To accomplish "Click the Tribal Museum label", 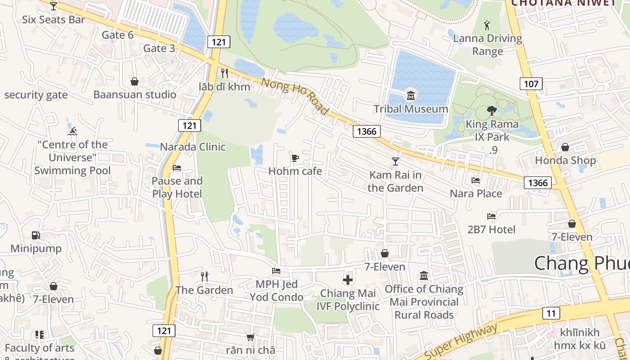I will pyautogui.click(x=410, y=109).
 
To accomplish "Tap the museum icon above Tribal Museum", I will pyautogui.click(x=410, y=95).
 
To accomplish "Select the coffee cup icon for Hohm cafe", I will pyautogui.click(x=295, y=158).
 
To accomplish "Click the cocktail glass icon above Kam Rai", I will pyautogui.click(x=396, y=161).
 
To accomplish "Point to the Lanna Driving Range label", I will pyautogui.click(x=487, y=45).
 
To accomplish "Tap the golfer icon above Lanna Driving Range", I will pyautogui.click(x=487, y=24).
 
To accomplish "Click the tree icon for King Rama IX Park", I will pyautogui.click(x=491, y=110).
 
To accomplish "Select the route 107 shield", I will pyautogui.click(x=531, y=83).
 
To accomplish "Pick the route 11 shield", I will pyautogui.click(x=551, y=313).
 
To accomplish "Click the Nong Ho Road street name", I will pyautogui.click(x=295, y=96).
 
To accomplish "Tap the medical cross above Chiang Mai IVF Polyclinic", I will pyautogui.click(x=348, y=280).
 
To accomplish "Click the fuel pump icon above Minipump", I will pyautogui.click(x=36, y=235).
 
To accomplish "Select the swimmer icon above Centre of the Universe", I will pyautogui.click(x=72, y=131).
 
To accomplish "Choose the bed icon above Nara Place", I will pyautogui.click(x=476, y=180).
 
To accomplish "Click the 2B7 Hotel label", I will pyautogui.click(x=491, y=229).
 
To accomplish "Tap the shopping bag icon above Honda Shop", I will pyautogui.click(x=565, y=147).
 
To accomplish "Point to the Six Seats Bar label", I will pyautogui.click(x=54, y=19).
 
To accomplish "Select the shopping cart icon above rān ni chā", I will pyautogui.click(x=250, y=337).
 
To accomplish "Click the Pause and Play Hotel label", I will pyautogui.click(x=177, y=187).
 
